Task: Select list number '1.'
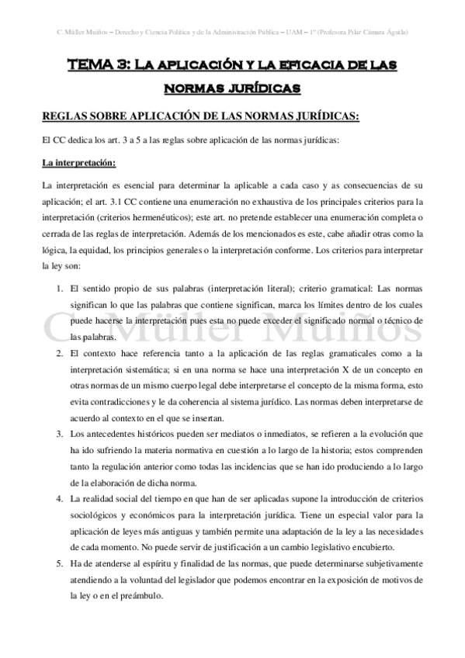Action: (61, 289)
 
